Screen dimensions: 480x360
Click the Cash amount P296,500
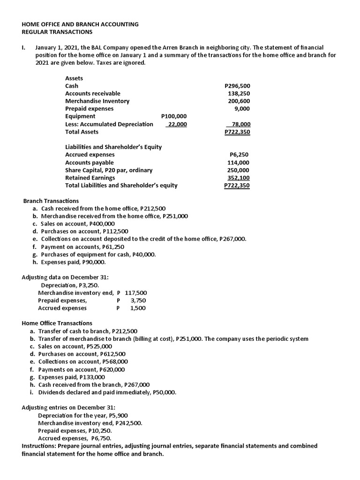pyautogui.click(x=238, y=86)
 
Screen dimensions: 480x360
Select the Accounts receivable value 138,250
pyautogui.click(x=239, y=94)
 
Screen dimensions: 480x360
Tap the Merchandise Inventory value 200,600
pyautogui.click(x=239, y=101)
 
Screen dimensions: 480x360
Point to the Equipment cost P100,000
pyautogui.click(x=173, y=116)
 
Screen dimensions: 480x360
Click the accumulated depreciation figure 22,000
pyautogui.click(x=177, y=124)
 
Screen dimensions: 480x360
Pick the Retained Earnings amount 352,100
pyautogui.click(x=239, y=178)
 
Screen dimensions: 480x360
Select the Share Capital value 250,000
pyautogui.click(x=239, y=170)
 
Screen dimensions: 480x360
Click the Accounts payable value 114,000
pyautogui.click(x=239, y=163)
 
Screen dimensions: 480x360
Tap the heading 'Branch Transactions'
pyautogui.click(x=51, y=201)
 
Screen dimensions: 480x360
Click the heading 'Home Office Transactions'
pyautogui.click(x=57, y=323)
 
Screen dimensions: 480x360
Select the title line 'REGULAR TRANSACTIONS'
pyautogui.click(x=57, y=32)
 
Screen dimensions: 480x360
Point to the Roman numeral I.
pyautogui.click(x=23, y=48)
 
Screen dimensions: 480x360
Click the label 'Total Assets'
pyautogui.click(x=82, y=132)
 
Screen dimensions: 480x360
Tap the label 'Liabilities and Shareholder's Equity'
pyautogui.click(x=113, y=147)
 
